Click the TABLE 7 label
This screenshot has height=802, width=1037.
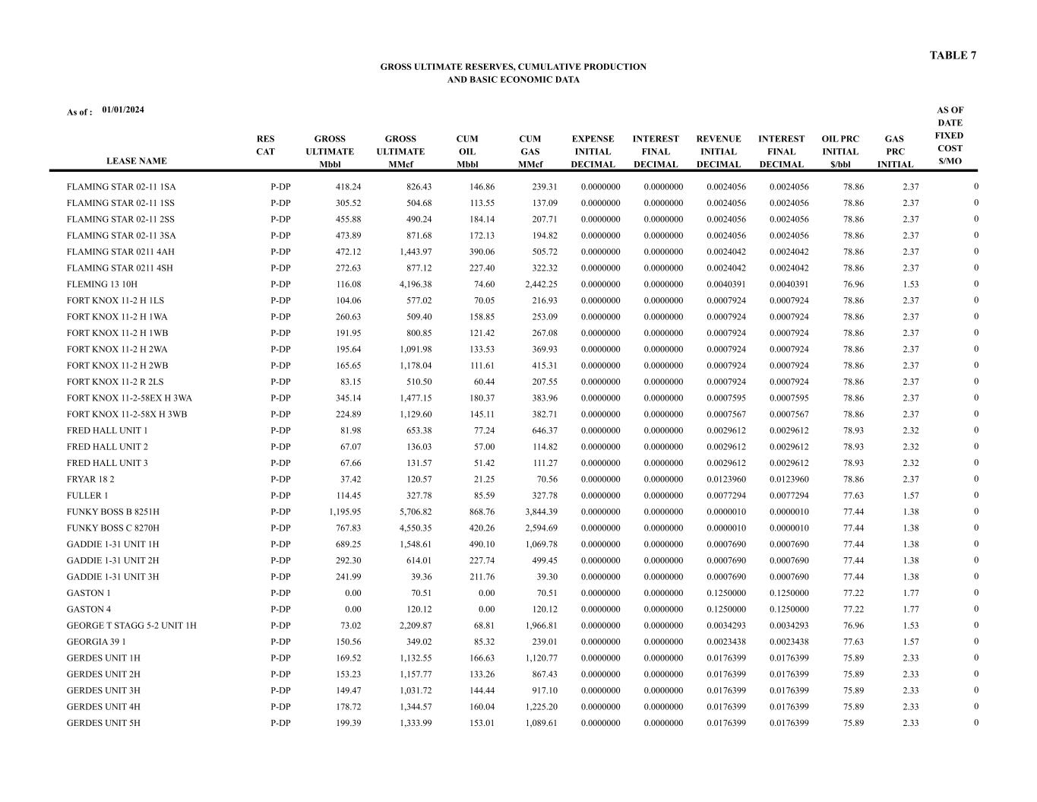pos(953,55)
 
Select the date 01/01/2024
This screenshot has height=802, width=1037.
pos(123,110)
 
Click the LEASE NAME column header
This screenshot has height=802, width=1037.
pos(136,161)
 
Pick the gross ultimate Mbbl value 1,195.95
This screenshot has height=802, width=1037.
pos(340,512)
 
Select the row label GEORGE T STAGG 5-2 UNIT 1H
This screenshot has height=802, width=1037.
pos(131,626)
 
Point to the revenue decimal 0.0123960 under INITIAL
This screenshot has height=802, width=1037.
pos(726,480)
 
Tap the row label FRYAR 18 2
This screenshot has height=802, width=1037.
pos(90,480)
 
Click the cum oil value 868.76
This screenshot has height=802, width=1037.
pos(478,512)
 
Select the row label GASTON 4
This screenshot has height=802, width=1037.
pos(89,609)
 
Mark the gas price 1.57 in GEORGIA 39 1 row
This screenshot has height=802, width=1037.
pos(910,642)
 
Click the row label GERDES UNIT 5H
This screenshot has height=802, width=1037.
pos(103,723)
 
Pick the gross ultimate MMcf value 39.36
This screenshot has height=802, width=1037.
pos(419,577)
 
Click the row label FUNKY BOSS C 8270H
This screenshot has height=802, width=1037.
pos(112,528)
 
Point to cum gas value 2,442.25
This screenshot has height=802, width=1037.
pos(541,284)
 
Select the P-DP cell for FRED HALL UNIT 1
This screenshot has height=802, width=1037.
pos(280,431)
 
